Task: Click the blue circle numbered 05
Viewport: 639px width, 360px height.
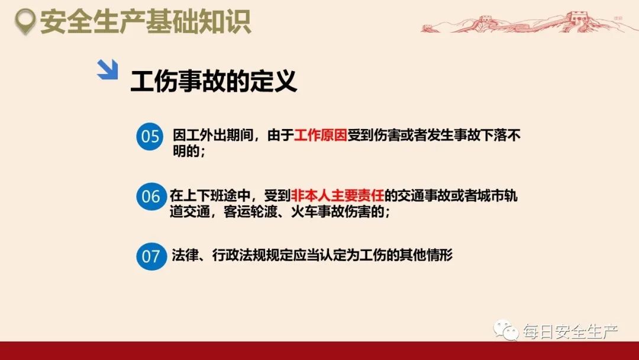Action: [x=150, y=137]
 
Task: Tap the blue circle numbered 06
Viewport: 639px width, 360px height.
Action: [x=150, y=196]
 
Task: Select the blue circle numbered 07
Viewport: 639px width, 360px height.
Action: [x=150, y=256]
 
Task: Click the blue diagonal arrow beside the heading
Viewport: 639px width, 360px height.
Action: [x=107, y=70]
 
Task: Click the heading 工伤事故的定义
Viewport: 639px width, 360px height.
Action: [x=213, y=82]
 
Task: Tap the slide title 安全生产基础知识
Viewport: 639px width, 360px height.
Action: [x=146, y=22]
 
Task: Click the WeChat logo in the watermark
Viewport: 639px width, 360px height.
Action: [x=507, y=331]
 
